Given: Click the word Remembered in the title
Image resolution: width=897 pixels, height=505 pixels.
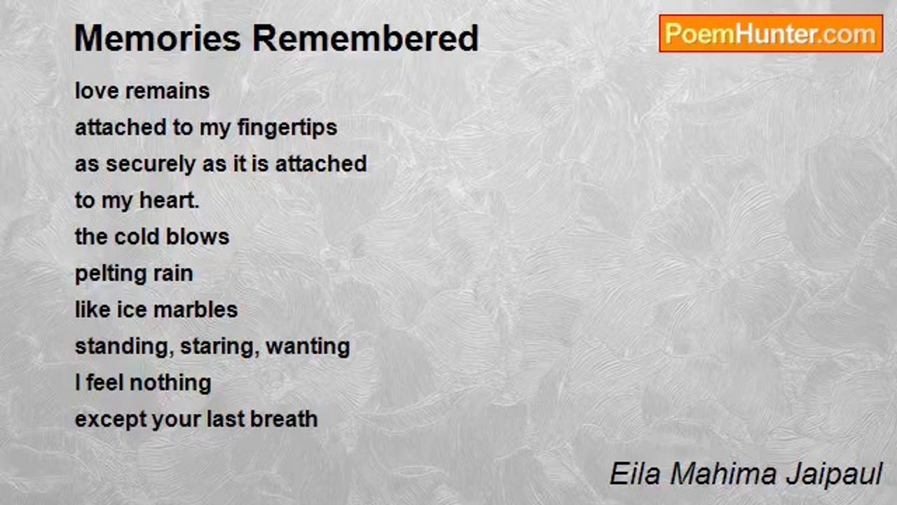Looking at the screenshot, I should coord(365,39).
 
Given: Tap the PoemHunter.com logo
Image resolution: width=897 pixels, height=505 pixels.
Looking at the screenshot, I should coord(770,34).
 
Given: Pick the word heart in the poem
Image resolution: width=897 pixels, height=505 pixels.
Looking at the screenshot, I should coord(169,201).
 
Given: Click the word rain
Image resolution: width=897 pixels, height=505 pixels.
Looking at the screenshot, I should coord(171,273).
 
